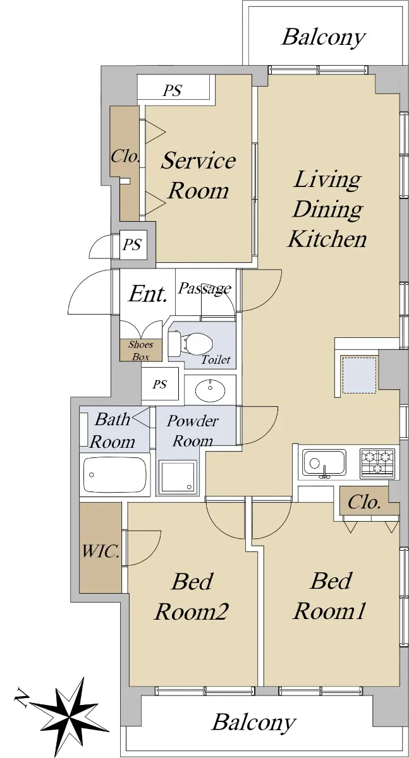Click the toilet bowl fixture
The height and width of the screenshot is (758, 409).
click(x=191, y=344)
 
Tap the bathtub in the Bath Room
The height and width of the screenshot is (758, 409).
click(x=115, y=474)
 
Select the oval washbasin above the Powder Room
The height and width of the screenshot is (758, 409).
click(x=211, y=390)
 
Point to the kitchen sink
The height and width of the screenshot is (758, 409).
click(x=324, y=462)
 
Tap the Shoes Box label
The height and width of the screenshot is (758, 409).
click(x=140, y=351)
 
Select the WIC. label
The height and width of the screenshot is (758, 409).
click(x=101, y=551)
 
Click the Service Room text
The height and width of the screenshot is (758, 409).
click(x=198, y=176)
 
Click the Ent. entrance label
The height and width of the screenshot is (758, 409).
click(x=148, y=294)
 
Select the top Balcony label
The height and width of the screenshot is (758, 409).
click(x=324, y=37)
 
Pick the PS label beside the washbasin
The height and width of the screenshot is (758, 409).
click(x=159, y=385)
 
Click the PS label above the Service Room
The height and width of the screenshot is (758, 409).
click(x=173, y=90)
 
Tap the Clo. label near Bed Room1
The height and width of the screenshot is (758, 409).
click(x=364, y=502)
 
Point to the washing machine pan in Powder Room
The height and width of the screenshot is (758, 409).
click(x=177, y=476)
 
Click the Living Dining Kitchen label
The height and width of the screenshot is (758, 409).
click(x=327, y=209)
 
